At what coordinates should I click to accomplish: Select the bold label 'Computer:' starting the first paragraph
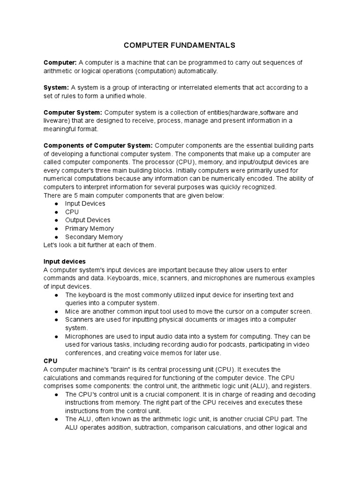60,63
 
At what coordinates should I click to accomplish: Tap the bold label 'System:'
56,88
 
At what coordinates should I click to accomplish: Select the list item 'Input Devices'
85,203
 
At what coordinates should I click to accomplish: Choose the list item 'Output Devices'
88,220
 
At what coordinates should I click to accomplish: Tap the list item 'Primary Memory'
89,229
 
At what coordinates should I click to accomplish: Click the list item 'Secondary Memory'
94,237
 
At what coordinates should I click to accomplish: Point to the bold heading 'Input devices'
64,262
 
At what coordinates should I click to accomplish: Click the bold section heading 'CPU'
50,361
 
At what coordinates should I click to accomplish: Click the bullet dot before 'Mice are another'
56,312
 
